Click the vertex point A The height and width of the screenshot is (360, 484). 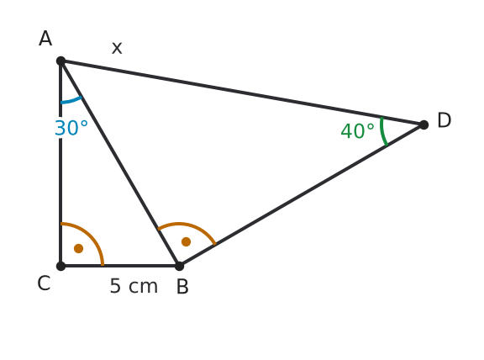pos(61,61)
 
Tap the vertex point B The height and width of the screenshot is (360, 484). pos(179,266)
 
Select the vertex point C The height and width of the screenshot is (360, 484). pos(61,266)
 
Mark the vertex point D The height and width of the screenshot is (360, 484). pos(423,124)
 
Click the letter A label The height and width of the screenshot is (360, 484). pos(45,39)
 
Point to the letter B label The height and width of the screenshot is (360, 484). pos(182,287)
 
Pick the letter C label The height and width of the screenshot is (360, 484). pos(44,283)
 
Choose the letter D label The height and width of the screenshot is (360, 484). pos(445,120)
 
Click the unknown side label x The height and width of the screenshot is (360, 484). pos(117,48)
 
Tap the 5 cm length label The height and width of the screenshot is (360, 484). pos(134,286)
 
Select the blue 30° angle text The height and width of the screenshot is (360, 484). pos(71,128)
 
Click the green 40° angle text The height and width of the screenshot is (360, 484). pos(357,130)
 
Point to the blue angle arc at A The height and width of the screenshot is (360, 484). pos(71,101)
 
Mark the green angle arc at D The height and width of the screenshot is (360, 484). pos(382,131)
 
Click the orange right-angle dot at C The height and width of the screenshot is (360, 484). pos(79,248)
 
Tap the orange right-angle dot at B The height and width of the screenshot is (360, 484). pos(187,241)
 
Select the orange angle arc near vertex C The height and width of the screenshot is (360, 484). pos(91,235)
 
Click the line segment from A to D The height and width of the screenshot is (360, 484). pos(242,93)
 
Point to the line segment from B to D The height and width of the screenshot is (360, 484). pos(302,195)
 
